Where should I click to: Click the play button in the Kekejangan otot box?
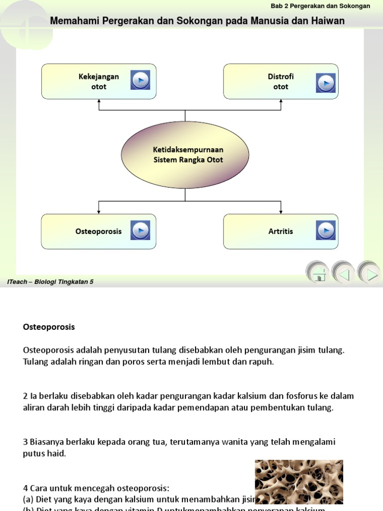point(140,80)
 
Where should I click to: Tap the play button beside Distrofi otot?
point(326,81)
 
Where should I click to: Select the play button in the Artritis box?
point(326,231)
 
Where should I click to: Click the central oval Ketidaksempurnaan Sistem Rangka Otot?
point(185,155)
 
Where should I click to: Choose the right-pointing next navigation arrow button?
point(370,273)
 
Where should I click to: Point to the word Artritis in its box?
point(281,232)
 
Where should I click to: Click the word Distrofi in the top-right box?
point(281,76)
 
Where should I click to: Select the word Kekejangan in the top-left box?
point(99,76)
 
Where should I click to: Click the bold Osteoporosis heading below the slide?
point(49,327)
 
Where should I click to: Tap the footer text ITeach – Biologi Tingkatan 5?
point(50,282)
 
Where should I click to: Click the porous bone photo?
point(299,482)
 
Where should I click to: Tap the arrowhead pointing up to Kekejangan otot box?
point(99,101)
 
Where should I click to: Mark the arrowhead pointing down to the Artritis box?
point(281,211)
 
